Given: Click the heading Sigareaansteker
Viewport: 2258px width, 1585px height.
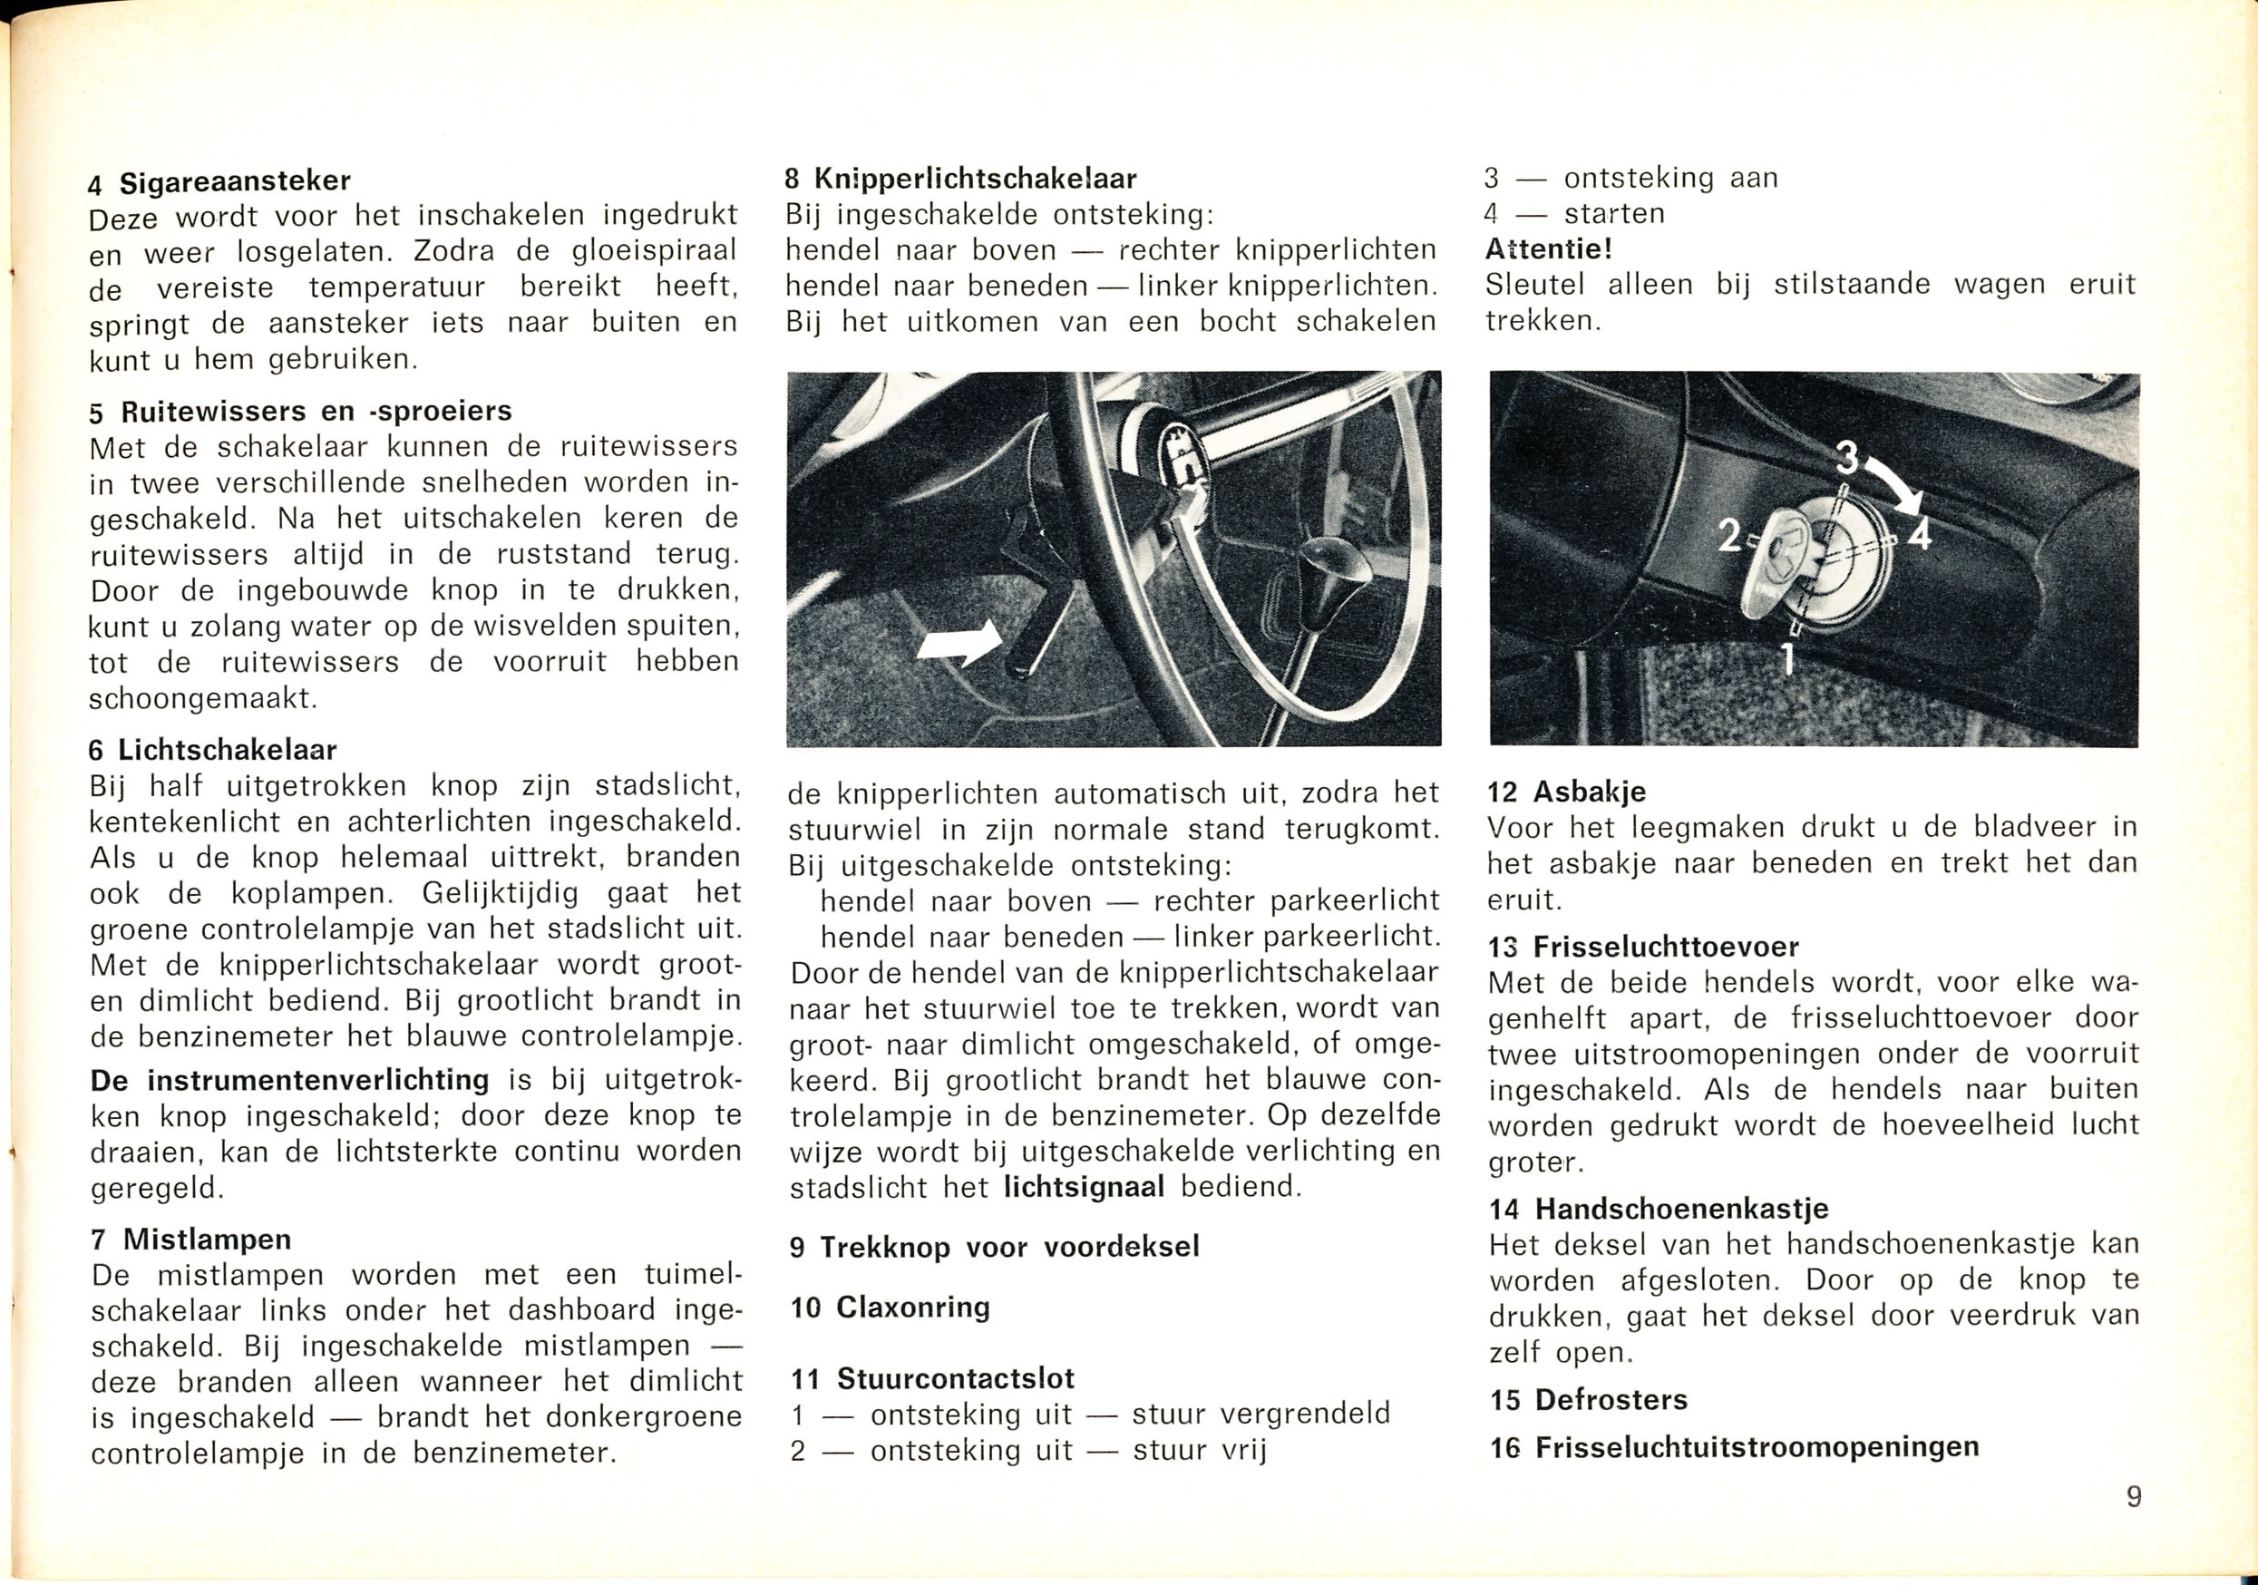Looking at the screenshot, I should [x=234, y=182].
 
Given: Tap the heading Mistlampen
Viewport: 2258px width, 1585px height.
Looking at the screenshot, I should [x=207, y=1239].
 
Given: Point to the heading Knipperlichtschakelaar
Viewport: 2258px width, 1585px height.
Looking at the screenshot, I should [x=974, y=179].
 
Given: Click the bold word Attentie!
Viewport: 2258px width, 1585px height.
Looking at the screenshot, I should [x=1548, y=248].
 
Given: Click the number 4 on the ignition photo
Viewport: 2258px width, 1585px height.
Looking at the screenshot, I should [x=1919, y=536].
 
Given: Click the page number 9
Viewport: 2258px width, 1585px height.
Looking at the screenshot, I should [x=2134, y=1496].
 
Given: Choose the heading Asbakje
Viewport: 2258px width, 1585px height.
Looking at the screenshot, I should [x=1587, y=792].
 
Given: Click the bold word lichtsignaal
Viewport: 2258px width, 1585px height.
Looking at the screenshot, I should [x=1084, y=1187].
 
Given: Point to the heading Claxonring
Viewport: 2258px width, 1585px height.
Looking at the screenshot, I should [x=911, y=1307].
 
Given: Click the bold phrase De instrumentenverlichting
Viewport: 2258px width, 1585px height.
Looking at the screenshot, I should [x=290, y=1080].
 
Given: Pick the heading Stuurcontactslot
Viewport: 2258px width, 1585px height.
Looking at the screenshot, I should [x=954, y=1378].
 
